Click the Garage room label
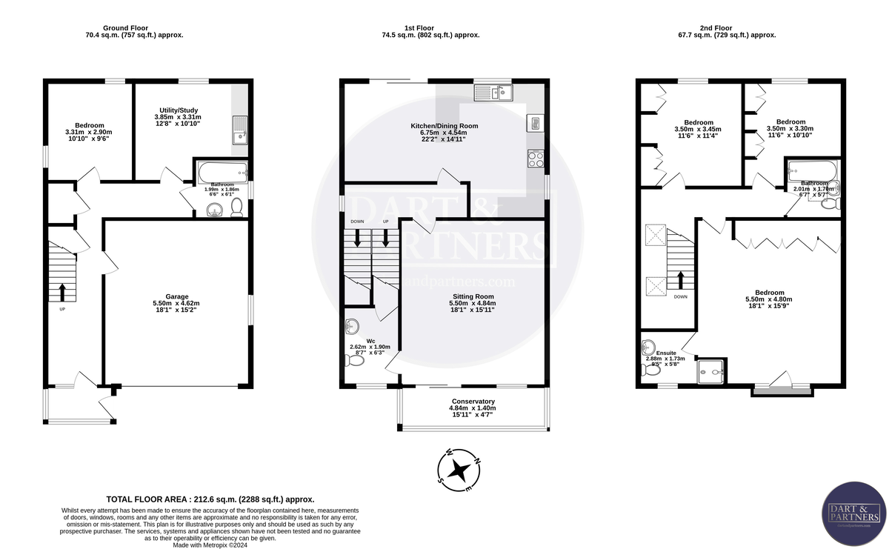click(x=176, y=294)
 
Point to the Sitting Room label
click(x=473, y=296)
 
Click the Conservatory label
click(x=472, y=402)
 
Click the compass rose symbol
click(x=460, y=469)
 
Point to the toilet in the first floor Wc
click(x=353, y=360)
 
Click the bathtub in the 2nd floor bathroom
click(x=813, y=171)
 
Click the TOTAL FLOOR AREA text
click(x=210, y=499)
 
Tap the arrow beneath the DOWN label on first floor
click(x=359, y=237)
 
